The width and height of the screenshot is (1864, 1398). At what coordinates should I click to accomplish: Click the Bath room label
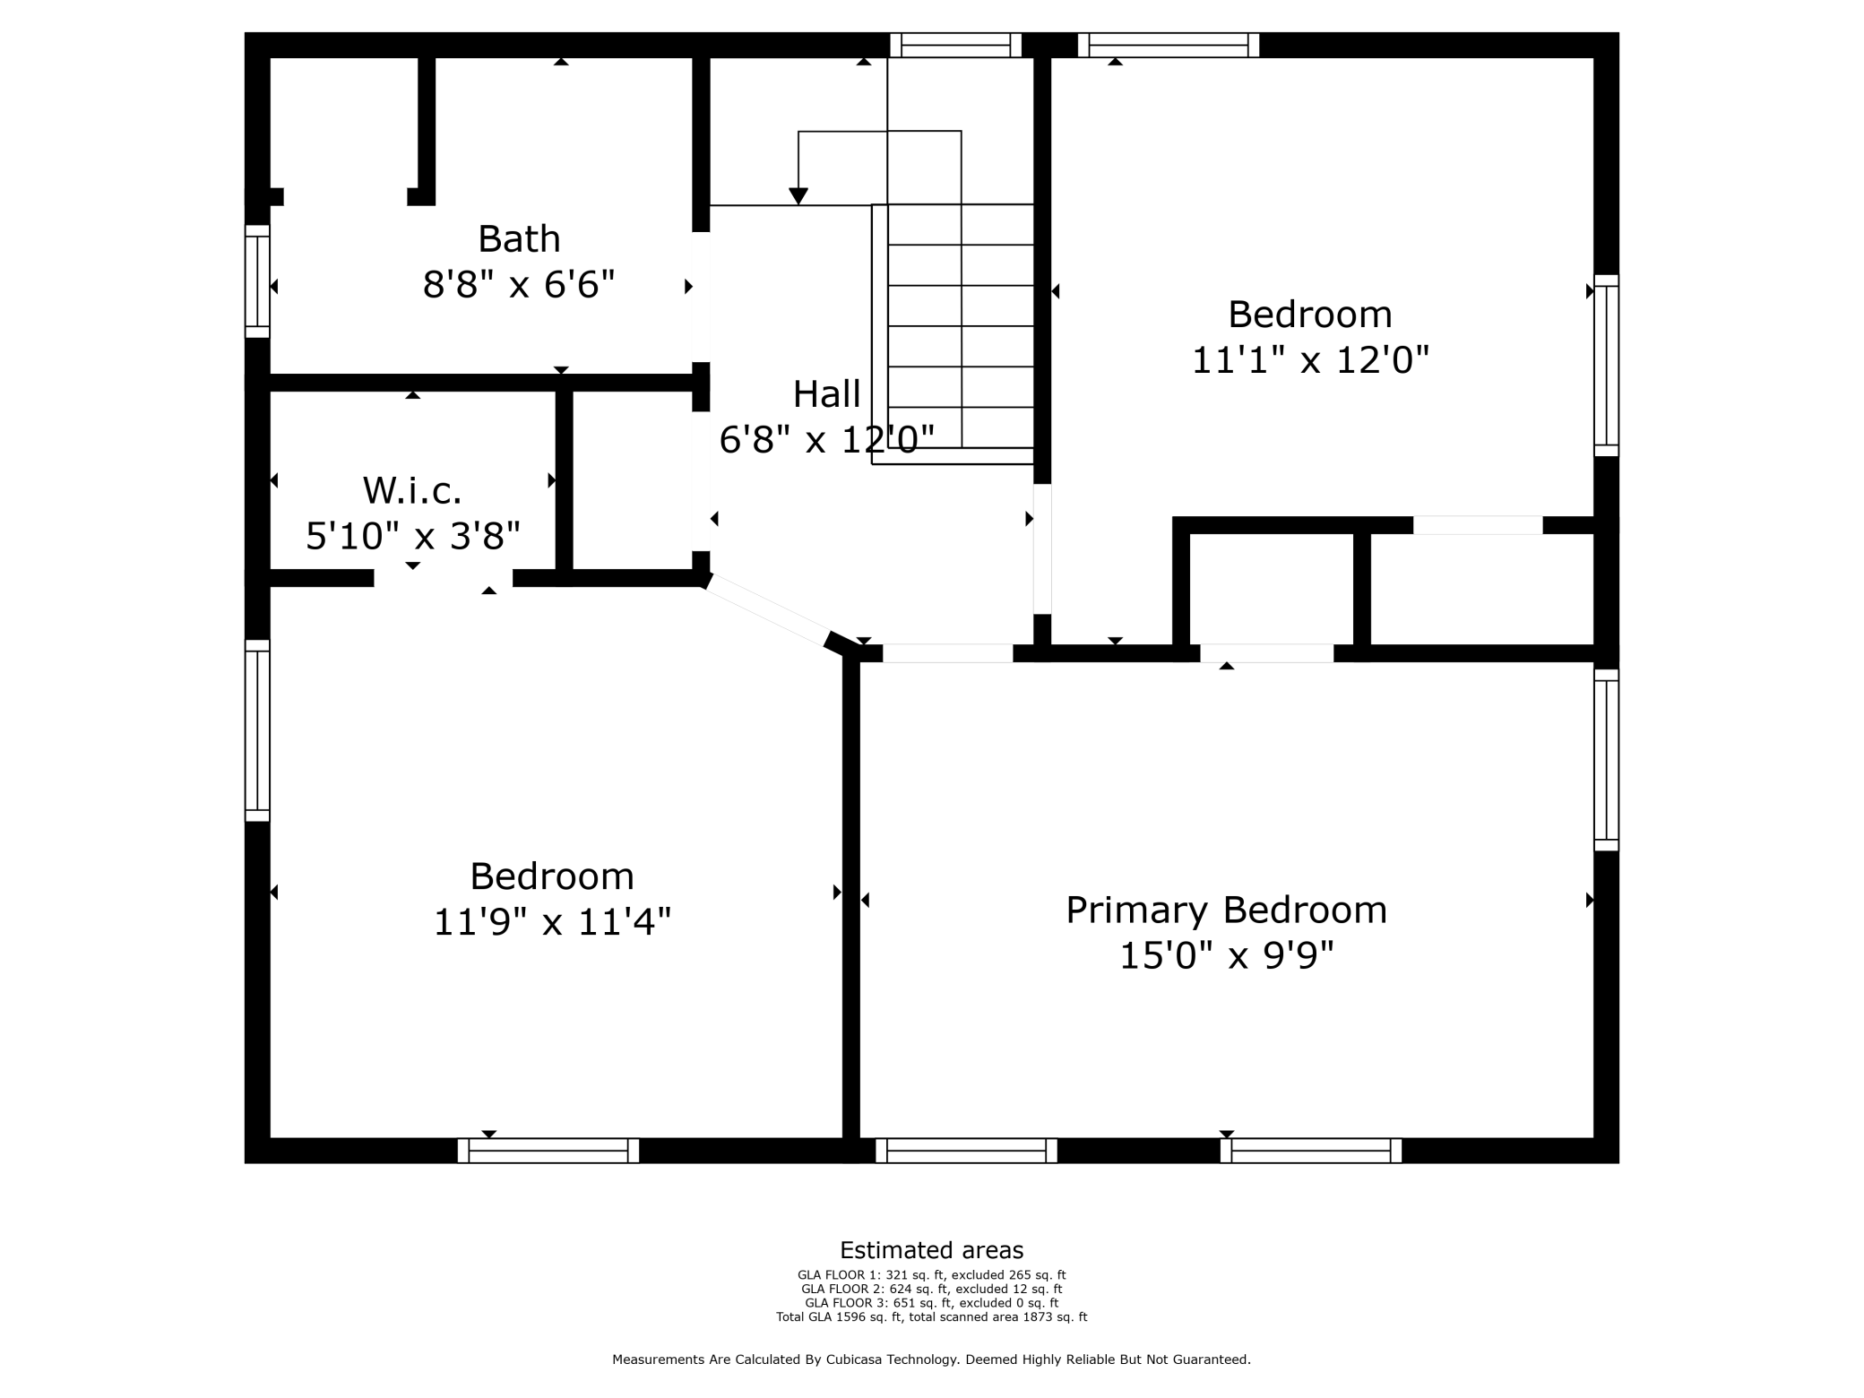519,239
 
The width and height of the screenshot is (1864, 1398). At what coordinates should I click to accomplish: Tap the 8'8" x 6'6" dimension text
519,285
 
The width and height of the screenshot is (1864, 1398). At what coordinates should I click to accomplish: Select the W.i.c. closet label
412,490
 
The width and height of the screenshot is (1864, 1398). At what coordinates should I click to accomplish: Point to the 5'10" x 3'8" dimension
413,536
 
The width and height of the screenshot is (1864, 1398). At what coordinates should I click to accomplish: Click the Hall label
826,394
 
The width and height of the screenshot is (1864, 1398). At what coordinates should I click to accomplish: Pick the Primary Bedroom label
1226,910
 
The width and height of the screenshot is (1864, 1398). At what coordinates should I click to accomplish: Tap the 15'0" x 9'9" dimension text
1226,956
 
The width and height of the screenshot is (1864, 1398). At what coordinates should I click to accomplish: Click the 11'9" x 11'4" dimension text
552,922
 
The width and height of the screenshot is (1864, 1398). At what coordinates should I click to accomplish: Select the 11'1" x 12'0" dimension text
1309,360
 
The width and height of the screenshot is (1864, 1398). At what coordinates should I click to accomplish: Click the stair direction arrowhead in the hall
798,195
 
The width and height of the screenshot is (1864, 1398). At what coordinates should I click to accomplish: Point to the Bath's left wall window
257,281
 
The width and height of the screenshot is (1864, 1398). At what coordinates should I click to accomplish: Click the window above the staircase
955,45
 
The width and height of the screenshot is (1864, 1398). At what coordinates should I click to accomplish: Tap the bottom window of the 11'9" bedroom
548,1151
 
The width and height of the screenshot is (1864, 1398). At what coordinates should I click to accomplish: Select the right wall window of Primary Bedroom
1606,760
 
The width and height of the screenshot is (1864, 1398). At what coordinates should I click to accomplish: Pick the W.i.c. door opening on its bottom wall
444,578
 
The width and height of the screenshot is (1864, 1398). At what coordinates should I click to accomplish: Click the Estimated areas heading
931,1250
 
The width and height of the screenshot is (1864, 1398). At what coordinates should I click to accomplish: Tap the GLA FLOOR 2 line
931,1289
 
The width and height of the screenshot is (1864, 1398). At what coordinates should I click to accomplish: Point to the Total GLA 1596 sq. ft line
931,1316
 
